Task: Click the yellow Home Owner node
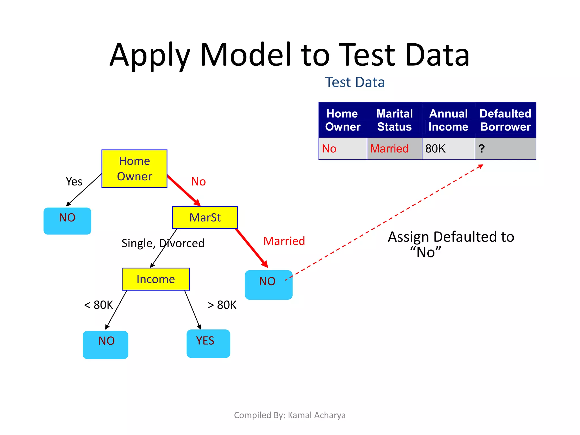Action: click(134, 169)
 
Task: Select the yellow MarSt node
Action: click(205, 217)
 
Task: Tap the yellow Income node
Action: click(155, 279)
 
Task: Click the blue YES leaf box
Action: click(208, 343)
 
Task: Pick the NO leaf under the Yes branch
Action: click(67, 221)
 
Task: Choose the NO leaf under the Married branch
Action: click(268, 284)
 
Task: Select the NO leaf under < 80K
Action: click(105, 344)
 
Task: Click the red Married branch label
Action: click(284, 241)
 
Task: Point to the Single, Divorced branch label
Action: click(163, 243)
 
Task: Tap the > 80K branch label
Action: click(222, 305)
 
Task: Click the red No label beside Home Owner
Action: click(198, 182)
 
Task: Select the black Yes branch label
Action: click(74, 182)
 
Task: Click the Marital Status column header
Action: click(394, 120)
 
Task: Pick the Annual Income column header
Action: click(448, 120)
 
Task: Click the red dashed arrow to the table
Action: click(385, 222)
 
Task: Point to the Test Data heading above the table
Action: click(355, 82)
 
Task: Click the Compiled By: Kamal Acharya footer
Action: click(290, 415)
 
